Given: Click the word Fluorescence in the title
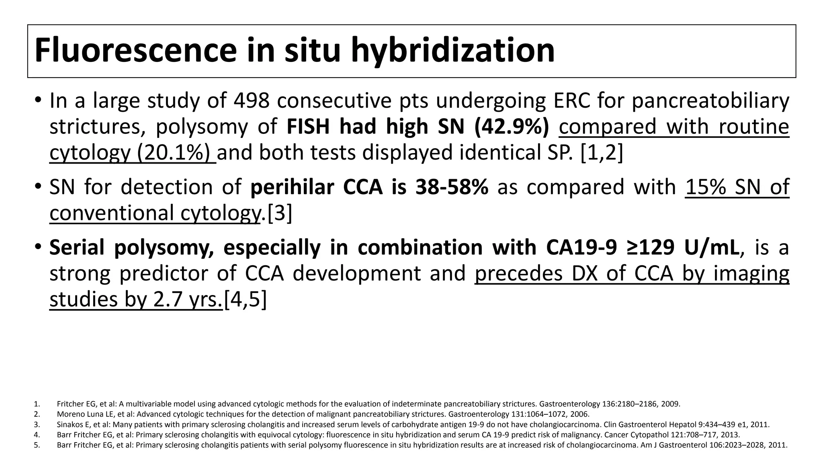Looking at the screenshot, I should pyautogui.click(x=135, y=51).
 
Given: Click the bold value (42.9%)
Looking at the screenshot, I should pyautogui.click(x=512, y=127).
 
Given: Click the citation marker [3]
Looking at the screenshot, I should pyautogui.click(x=280, y=213).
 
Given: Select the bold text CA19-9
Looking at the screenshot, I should pyautogui.click(x=581, y=248).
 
